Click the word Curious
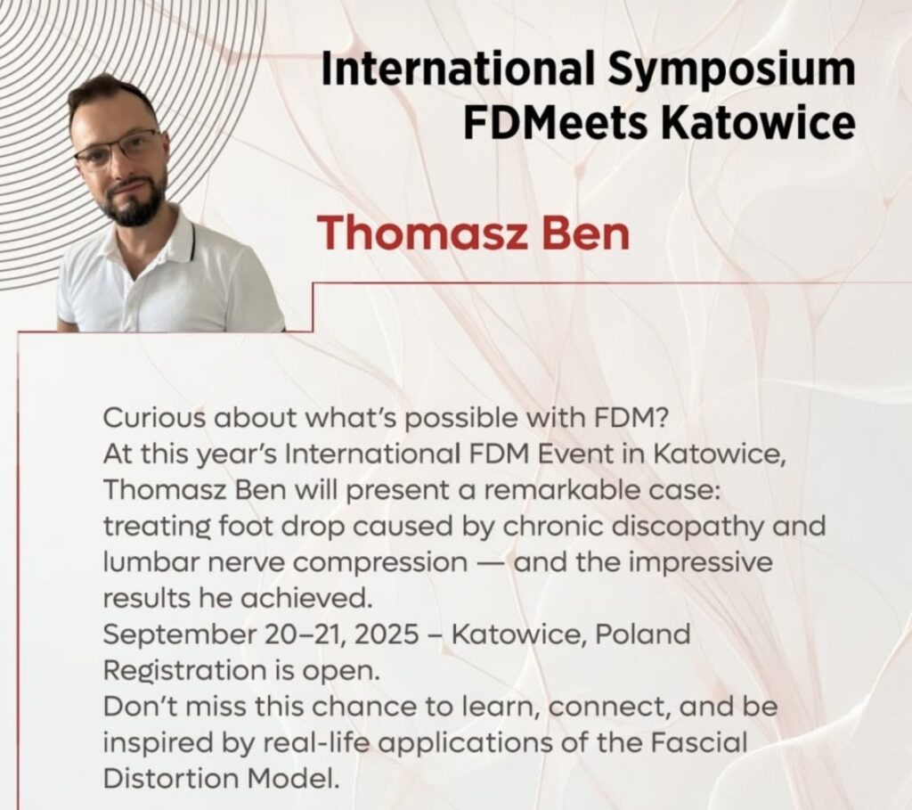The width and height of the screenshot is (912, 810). [154, 418]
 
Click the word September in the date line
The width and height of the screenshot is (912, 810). [179, 635]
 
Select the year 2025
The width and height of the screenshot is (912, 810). [386, 634]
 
